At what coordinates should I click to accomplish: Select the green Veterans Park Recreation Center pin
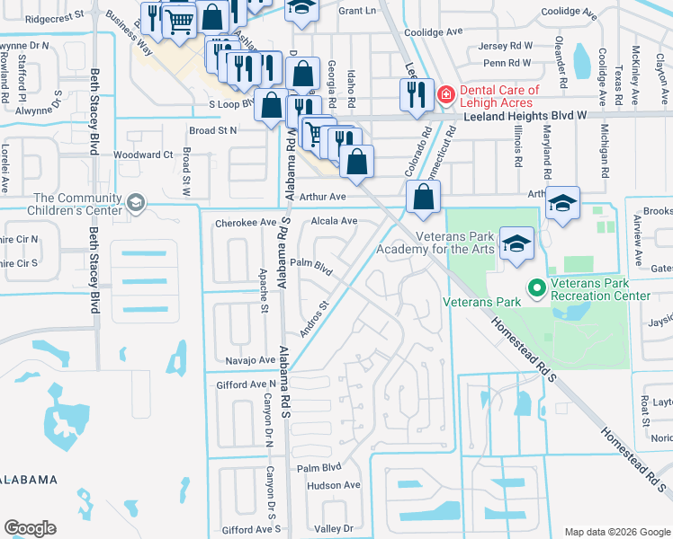[537, 287]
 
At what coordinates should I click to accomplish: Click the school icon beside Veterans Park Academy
[516, 243]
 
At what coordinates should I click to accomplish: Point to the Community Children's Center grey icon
[136, 204]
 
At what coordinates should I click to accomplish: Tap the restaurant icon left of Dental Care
[415, 93]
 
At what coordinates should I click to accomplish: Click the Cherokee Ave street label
[244, 222]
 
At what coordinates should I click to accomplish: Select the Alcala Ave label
[334, 220]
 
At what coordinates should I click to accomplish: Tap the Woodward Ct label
[142, 155]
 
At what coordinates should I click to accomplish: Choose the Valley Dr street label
[335, 529]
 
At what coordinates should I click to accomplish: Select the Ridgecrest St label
[54, 16]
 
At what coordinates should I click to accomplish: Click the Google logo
[30, 528]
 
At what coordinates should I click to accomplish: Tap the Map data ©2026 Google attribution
[617, 532]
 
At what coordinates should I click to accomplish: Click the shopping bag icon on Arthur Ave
[423, 197]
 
